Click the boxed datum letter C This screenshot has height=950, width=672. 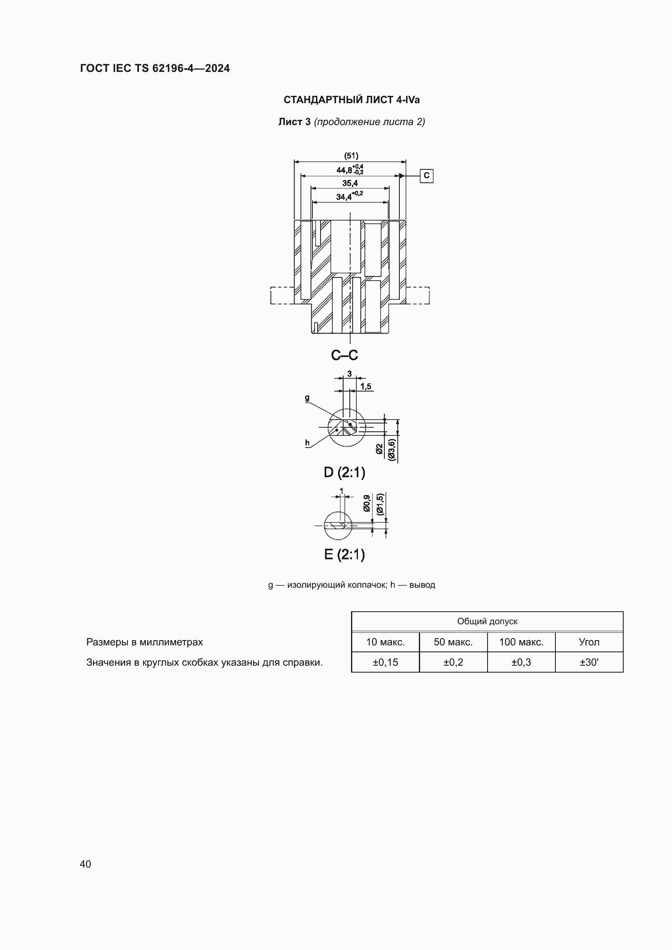427,176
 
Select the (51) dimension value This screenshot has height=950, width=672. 351,156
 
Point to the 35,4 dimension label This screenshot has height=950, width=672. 350,183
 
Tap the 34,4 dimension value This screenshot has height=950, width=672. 344,197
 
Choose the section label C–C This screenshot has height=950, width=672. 344,355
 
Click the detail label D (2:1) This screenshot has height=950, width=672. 344,472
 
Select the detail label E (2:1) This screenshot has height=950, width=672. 344,554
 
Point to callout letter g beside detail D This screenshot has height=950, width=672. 307,398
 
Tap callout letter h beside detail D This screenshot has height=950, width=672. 307,443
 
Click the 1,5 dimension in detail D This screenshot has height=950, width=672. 366,386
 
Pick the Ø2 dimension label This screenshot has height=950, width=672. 380,449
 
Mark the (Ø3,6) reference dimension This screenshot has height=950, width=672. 392,449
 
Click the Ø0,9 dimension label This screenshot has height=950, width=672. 366,503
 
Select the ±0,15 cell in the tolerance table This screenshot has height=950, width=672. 385,662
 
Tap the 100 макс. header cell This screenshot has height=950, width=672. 521,642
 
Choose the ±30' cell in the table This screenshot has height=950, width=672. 589,662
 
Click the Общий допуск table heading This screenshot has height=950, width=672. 487,621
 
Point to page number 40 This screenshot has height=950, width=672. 85,864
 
